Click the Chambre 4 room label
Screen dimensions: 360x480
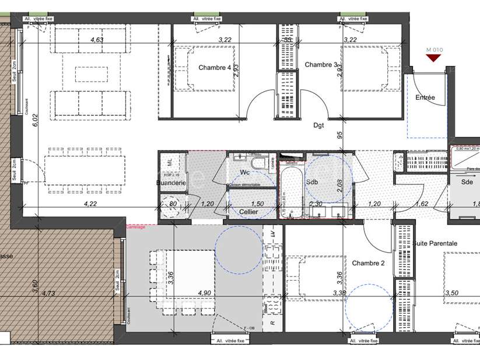pos(215,68)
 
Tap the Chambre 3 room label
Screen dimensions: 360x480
pos(320,65)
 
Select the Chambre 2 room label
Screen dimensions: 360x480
pos(369,263)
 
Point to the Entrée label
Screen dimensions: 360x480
pos(425,97)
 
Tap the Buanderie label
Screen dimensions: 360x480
pos(171,183)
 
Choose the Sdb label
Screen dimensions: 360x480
pos(312,182)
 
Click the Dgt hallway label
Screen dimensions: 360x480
pos(318,124)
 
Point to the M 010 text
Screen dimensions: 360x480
pos(435,50)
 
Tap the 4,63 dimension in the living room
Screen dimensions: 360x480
pos(96,40)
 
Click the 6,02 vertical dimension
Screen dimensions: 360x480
pos(35,120)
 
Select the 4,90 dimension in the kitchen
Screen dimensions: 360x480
pos(204,293)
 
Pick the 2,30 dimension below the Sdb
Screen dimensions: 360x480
pos(316,204)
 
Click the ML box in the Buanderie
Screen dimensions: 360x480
pos(170,161)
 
